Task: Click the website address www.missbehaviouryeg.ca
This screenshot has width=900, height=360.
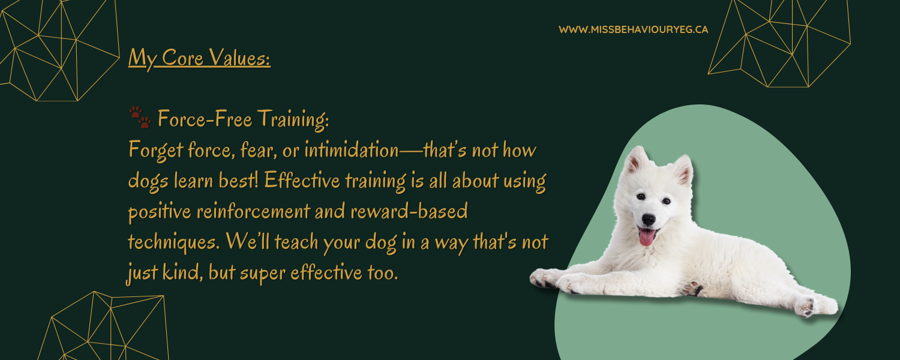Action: click(x=633, y=30)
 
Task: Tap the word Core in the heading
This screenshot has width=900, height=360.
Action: click(x=182, y=58)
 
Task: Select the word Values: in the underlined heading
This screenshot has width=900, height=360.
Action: click(x=239, y=58)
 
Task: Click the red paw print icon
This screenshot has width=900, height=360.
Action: click(x=140, y=118)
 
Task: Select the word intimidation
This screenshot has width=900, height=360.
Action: click(x=352, y=150)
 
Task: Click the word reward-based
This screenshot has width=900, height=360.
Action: click(x=409, y=211)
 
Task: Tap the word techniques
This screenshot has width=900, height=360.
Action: click(x=174, y=242)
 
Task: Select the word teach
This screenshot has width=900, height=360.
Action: click(x=296, y=242)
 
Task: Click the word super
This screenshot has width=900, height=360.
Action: click(x=263, y=274)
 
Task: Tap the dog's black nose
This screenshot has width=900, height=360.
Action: click(x=648, y=220)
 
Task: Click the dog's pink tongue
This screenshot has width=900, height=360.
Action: click(x=646, y=237)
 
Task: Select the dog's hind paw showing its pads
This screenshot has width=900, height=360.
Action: click(x=805, y=307)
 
